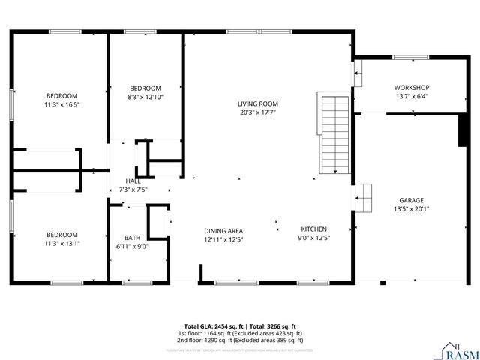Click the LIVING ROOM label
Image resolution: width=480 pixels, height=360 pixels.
click(258, 103)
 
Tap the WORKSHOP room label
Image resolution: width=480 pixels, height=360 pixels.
click(411, 87)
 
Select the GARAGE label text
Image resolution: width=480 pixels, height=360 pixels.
click(411, 200)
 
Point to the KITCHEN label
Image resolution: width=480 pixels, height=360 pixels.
click(314, 229)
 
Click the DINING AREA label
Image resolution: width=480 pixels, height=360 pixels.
click(223, 230)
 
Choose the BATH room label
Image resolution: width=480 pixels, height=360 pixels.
click(133, 237)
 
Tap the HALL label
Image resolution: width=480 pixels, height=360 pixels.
click(133, 181)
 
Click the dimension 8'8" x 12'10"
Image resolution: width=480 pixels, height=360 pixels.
click(145, 97)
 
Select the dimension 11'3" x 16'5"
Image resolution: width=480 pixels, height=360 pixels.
click(62, 104)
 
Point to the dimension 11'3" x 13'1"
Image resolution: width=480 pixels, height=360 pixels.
click(62, 243)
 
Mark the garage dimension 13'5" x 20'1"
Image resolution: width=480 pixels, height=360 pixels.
click(411, 209)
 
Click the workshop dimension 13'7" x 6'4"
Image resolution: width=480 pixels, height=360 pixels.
click(411, 96)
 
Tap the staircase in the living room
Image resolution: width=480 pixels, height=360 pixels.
click(331, 133)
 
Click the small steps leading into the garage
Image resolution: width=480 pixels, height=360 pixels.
click(363, 197)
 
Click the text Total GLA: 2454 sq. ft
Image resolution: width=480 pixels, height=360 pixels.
click(214, 326)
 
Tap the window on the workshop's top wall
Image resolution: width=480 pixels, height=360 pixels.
click(407, 57)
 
